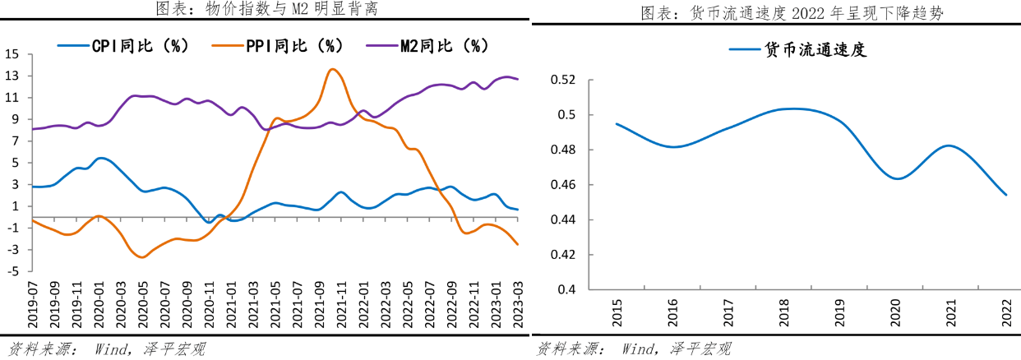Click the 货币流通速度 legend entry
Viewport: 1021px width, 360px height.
797,49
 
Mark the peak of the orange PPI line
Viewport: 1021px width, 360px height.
331,69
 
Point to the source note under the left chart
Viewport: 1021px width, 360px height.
106,349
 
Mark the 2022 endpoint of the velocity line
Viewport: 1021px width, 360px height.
1005,195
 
